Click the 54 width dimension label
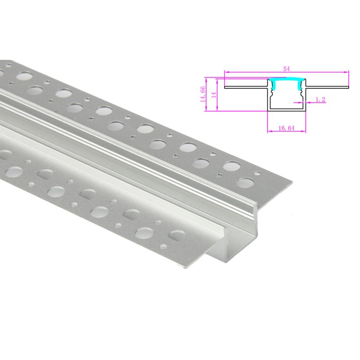(x=286, y=69)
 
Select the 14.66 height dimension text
(x=203, y=94)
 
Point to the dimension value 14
(x=215, y=94)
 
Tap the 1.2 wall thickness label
(x=320, y=99)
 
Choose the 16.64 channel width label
(x=286, y=128)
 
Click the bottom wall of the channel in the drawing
(x=287, y=110)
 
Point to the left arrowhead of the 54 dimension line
(x=226, y=72)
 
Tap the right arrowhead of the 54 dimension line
(x=347, y=72)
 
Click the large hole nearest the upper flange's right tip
(x=246, y=182)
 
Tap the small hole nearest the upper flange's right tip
(x=257, y=172)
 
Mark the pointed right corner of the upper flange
(x=291, y=182)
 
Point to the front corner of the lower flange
(x=185, y=269)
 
